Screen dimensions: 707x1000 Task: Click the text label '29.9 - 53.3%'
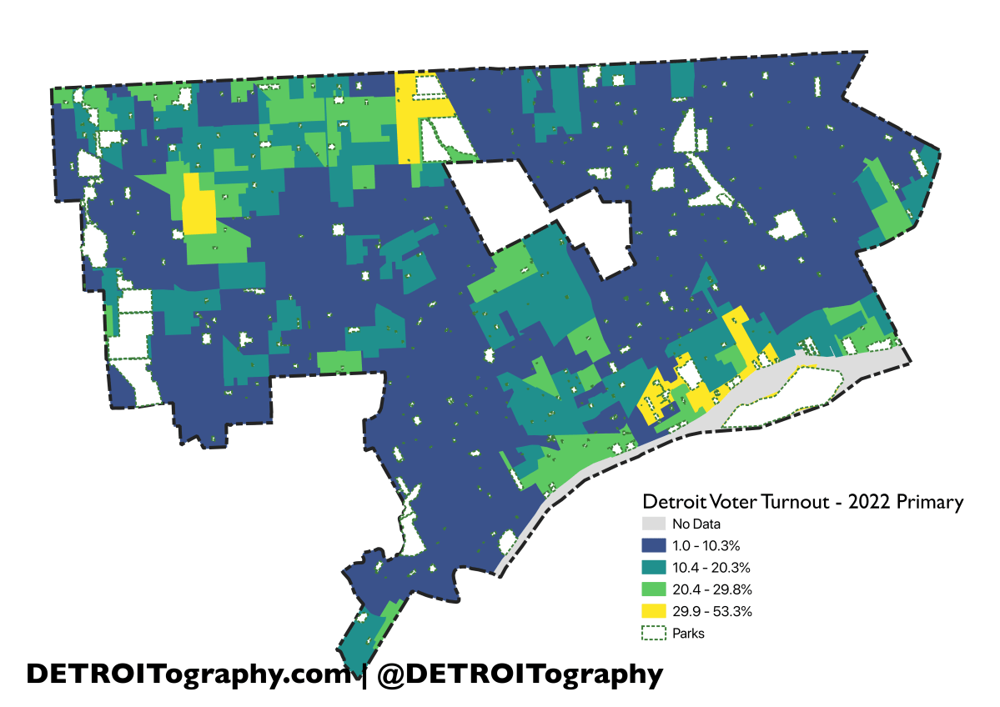click(x=712, y=611)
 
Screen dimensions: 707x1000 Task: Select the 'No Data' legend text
click(x=696, y=524)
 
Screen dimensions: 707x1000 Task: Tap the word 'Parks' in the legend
click(x=688, y=633)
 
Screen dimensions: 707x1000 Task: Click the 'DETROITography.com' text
click(x=188, y=674)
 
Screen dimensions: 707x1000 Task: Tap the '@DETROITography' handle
click(x=520, y=674)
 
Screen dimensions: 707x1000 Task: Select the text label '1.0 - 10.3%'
click(x=706, y=546)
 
